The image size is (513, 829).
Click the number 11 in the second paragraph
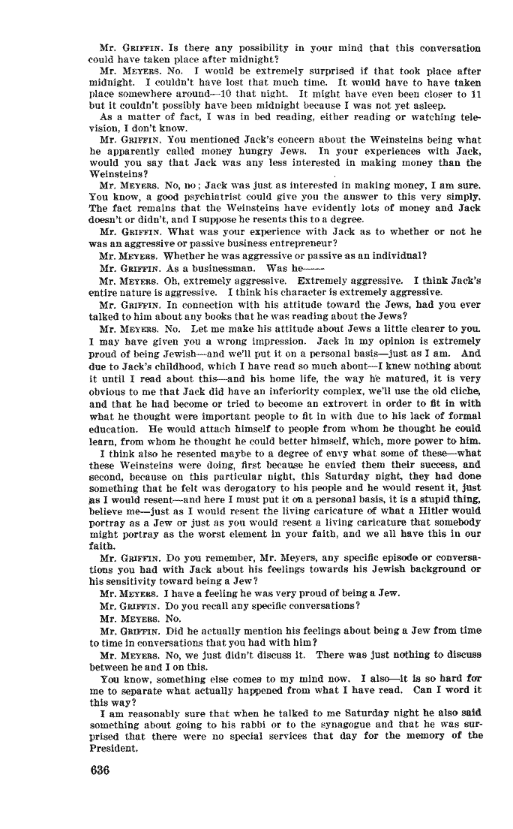pyautogui.click(x=475, y=94)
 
